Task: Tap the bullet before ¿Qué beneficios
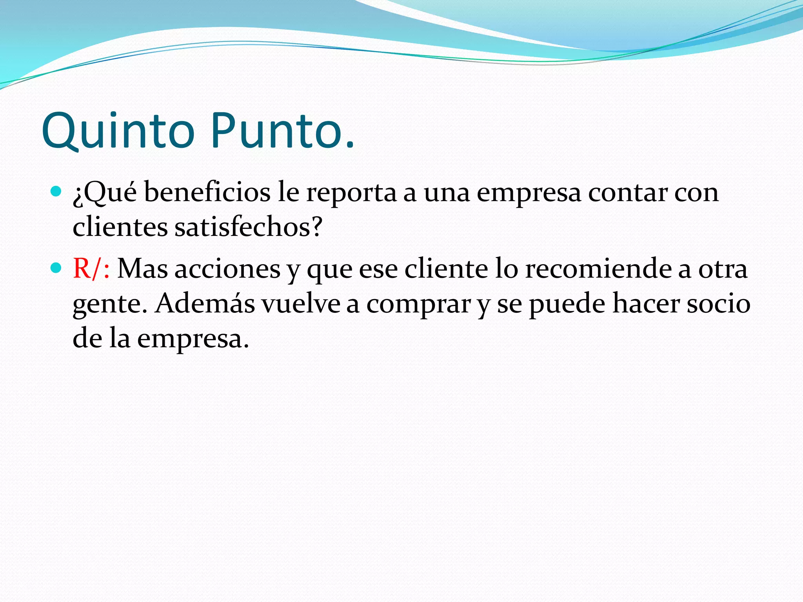(56, 192)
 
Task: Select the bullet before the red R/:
(56, 268)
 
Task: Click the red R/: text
(91, 269)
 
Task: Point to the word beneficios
(207, 193)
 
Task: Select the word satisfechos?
(248, 227)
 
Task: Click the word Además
(205, 303)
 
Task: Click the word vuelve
(301, 303)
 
